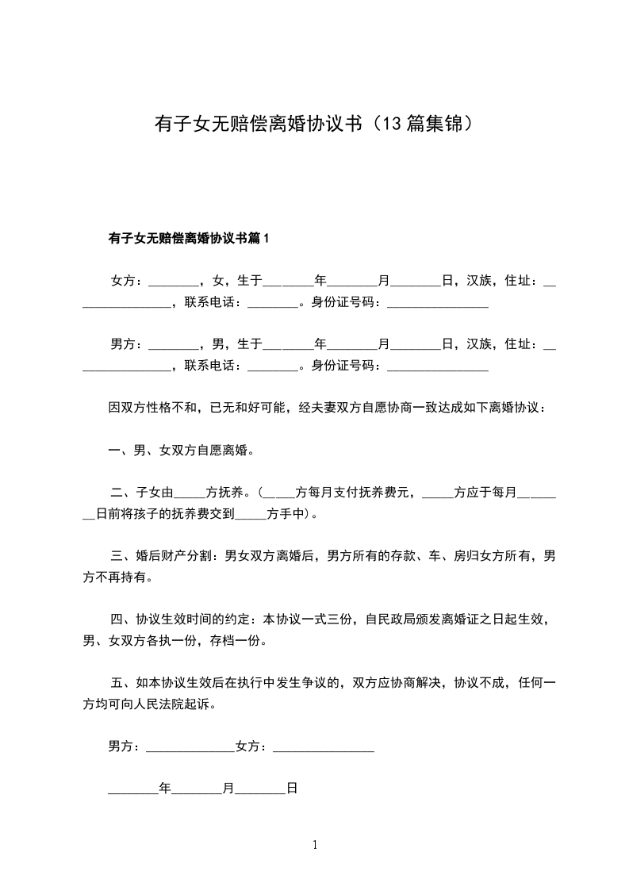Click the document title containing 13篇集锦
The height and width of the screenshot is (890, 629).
[314, 124]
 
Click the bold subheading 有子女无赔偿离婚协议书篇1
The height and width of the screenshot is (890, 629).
[190, 238]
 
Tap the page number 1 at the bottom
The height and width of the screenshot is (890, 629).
[315, 845]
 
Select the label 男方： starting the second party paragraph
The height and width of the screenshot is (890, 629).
[126, 343]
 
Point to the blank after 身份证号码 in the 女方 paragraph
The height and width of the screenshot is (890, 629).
[437, 302]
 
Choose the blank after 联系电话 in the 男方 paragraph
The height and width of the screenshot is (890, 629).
[272, 366]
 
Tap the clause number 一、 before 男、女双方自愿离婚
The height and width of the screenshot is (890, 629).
[120, 451]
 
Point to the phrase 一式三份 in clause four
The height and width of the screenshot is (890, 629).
[323, 620]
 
